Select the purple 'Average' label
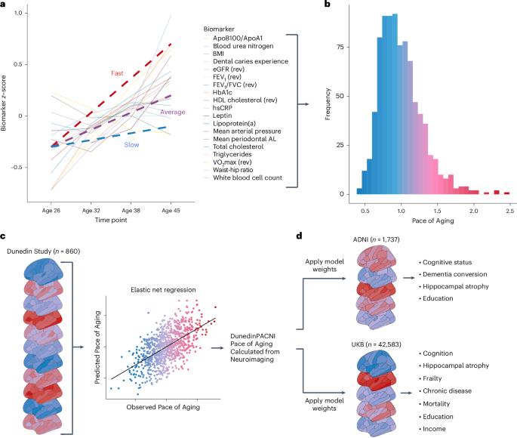[173, 112]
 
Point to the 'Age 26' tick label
[51, 213]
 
